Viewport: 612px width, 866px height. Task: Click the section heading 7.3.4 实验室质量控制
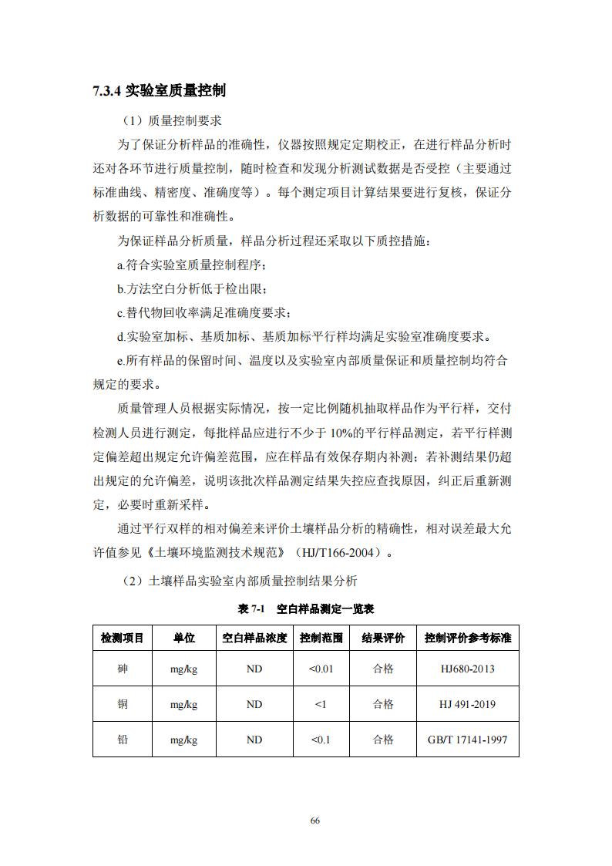tap(159, 91)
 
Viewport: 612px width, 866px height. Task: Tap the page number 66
tap(314, 821)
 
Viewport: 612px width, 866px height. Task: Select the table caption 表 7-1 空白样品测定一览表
tap(306, 608)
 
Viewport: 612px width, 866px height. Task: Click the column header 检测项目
tap(123, 638)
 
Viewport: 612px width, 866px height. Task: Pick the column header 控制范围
tap(321, 638)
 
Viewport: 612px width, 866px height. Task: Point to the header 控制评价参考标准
tap(468, 638)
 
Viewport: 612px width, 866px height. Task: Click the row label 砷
tap(123, 669)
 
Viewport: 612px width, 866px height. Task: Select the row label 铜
tap(123, 704)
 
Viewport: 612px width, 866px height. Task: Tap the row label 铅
tap(123, 740)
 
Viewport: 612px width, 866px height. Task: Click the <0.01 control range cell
tap(321, 669)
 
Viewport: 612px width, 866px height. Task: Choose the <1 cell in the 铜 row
tap(321, 704)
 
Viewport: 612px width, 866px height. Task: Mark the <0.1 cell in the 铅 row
tap(321, 740)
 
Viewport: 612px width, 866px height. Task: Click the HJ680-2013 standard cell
tap(468, 669)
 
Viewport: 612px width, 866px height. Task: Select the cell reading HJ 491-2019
tap(468, 704)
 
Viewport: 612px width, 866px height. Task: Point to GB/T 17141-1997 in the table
tap(468, 740)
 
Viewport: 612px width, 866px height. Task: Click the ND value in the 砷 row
tap(254, 669)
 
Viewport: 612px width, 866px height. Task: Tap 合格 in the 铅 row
tap(383, 740)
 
